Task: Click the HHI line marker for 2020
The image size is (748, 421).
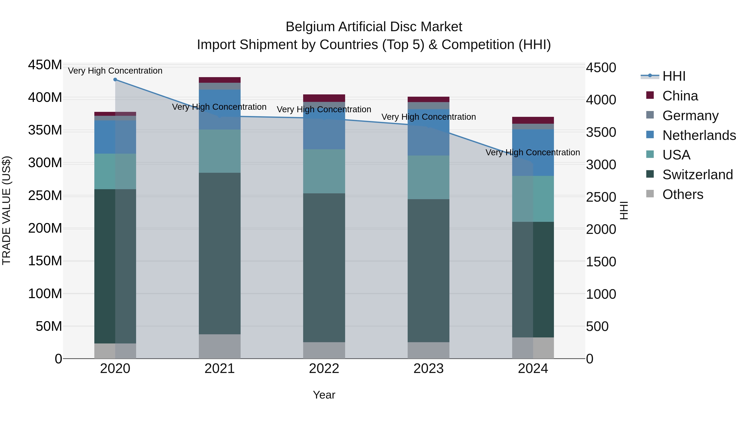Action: pos(115,80)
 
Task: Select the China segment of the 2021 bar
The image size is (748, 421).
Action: pos(220,80)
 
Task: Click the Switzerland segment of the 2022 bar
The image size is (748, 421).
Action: pos(324,267)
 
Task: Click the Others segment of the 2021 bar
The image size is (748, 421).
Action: pos(220,346)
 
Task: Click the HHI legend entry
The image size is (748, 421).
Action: pos(674,76)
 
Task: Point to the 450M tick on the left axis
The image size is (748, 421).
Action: pos(45,65)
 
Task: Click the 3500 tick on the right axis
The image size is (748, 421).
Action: pos(601,132)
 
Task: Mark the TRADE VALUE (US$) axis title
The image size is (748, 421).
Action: pos(6,210)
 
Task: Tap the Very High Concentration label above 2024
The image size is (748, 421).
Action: pos(533,152)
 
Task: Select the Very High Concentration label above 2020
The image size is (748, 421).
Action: pos(115,71)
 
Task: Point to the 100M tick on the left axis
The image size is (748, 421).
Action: pos(45,294)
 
